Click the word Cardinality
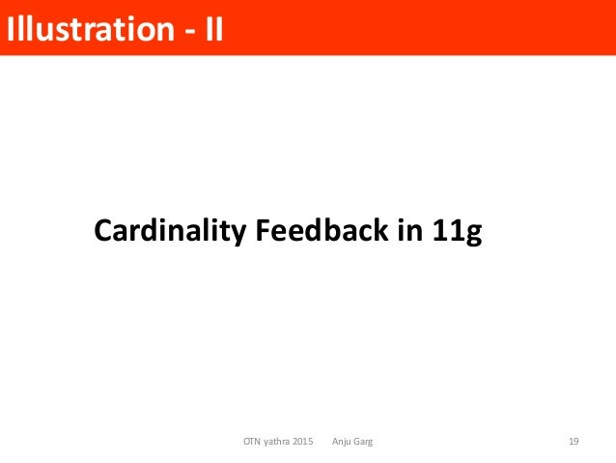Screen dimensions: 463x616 (169, 232)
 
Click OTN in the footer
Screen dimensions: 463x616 (253, 442)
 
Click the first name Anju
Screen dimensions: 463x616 (343, 442)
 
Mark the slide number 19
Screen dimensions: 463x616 (574, 442)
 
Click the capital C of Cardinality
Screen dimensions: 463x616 (102, 232)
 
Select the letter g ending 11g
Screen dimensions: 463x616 (473, 235)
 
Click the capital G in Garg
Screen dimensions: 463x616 (360, 442)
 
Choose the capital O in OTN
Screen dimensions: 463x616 (246, 442)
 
